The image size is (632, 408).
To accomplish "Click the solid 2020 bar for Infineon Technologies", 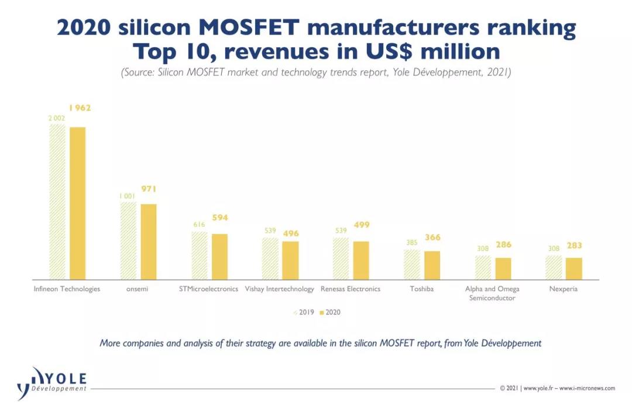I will pyautogui.click(x=77, y=203).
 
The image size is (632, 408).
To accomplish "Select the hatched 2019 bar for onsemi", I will pyautogui.click(x=128, y=240).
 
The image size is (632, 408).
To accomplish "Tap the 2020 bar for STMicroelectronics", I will pyautogui.click(x=219, y=256).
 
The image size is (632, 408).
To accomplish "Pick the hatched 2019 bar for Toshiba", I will pyautogui.click(x=412, y=264).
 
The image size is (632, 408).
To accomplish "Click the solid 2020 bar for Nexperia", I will pyautogui.click(x=574, y=268).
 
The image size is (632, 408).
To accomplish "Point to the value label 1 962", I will pyautogui.click(x=80, y=108).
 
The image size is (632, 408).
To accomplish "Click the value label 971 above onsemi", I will pyautogui.click(x=149, y=189).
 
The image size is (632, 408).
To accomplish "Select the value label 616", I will pyautogui.click(x=199, y=224).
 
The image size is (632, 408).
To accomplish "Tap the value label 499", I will pyautogui.click(x=361, y=225).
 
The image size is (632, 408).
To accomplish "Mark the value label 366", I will pyautogui.click(x=432, y=238).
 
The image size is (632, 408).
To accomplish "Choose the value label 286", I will pyautogui.click(x=503, y=246).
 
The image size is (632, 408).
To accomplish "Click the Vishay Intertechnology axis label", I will pyautogui.click(x=279, y=289).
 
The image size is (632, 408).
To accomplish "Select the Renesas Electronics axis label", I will pyautogui.click(x=351, y=289).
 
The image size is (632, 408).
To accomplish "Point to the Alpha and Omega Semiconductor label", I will pyautogui.click(x=492, y=293).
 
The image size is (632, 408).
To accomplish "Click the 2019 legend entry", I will pyautogui.click(x=304, y=312).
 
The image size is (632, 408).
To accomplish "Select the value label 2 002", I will pyautogui.click(x=57, y=118).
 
